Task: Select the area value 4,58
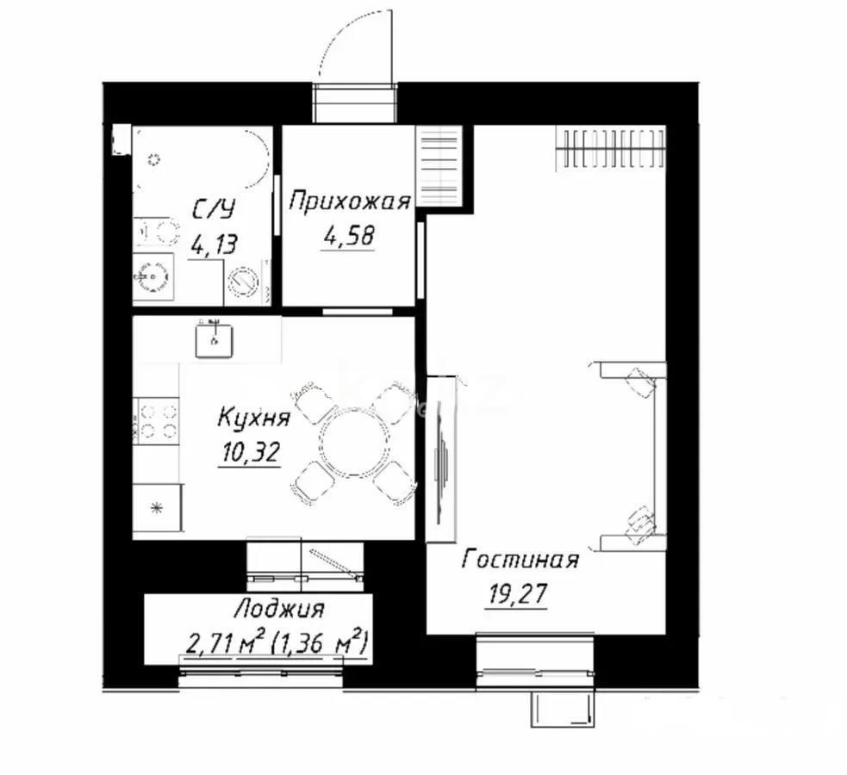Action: pyautogui.click(x=349, y=235)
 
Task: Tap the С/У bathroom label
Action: pyautogui.click(x=213, y=209)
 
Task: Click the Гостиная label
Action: pyautogui.click(x=520, y=561)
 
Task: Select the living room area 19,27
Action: pyautogui.click(x=516, y=594)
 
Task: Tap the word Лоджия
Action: pyautogui.click(x=278, y=610)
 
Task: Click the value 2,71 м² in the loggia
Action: pyautogui.click(x=223, y=642)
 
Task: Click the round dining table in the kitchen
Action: pyautogui.click(x=353, y=441)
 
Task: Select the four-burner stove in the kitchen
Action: pyautogui.click(x=158, y=421)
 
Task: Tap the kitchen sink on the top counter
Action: pyautogui.click(x=213, y=337)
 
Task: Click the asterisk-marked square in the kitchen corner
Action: pyautogui.click(x=156, y=509)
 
